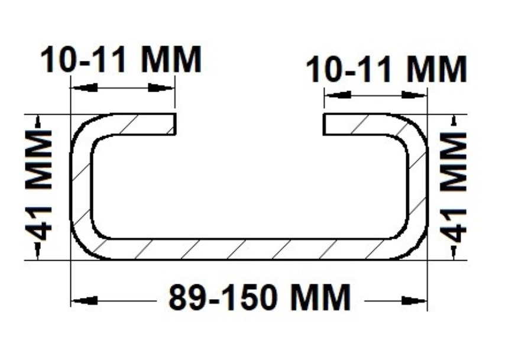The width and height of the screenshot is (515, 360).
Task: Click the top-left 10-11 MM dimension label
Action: coord(121,60)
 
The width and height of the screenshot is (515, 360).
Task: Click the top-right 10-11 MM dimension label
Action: coord(386,69)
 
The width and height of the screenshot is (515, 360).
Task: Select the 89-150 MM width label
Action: coord(260,297)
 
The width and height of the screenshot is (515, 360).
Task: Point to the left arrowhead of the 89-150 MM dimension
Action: coord(84,300)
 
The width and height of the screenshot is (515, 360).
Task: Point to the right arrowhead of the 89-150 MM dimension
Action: coord(414,300)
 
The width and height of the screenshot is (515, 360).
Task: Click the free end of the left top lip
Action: coord(175,124)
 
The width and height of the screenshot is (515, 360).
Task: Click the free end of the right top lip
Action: coord(324,124)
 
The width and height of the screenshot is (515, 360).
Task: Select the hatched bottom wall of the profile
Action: coord(250,249)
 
